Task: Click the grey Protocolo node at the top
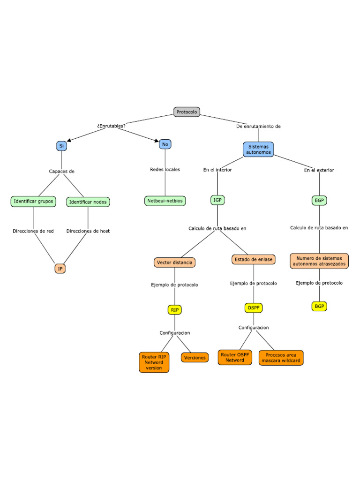(187, 112)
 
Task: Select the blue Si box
(61, 146)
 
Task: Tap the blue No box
(165, 144)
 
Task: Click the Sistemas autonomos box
(258, 149)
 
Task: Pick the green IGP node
(217, 200)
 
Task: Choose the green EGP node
(319, 201)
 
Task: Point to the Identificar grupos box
(33, 202)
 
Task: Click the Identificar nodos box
(88, 202)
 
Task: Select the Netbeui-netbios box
(165, 201)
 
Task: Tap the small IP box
(60, 269)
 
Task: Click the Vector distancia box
(174, 262)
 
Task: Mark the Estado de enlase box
(254, 259)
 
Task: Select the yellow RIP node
(174, 310)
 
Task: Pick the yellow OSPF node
(254, 308)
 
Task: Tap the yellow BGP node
(319, 306)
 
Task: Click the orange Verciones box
(195, 358)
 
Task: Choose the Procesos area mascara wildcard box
(281, 358)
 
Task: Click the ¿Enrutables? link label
(111, 126)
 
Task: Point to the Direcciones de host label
(88, 231)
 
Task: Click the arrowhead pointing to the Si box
(69, 139)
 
